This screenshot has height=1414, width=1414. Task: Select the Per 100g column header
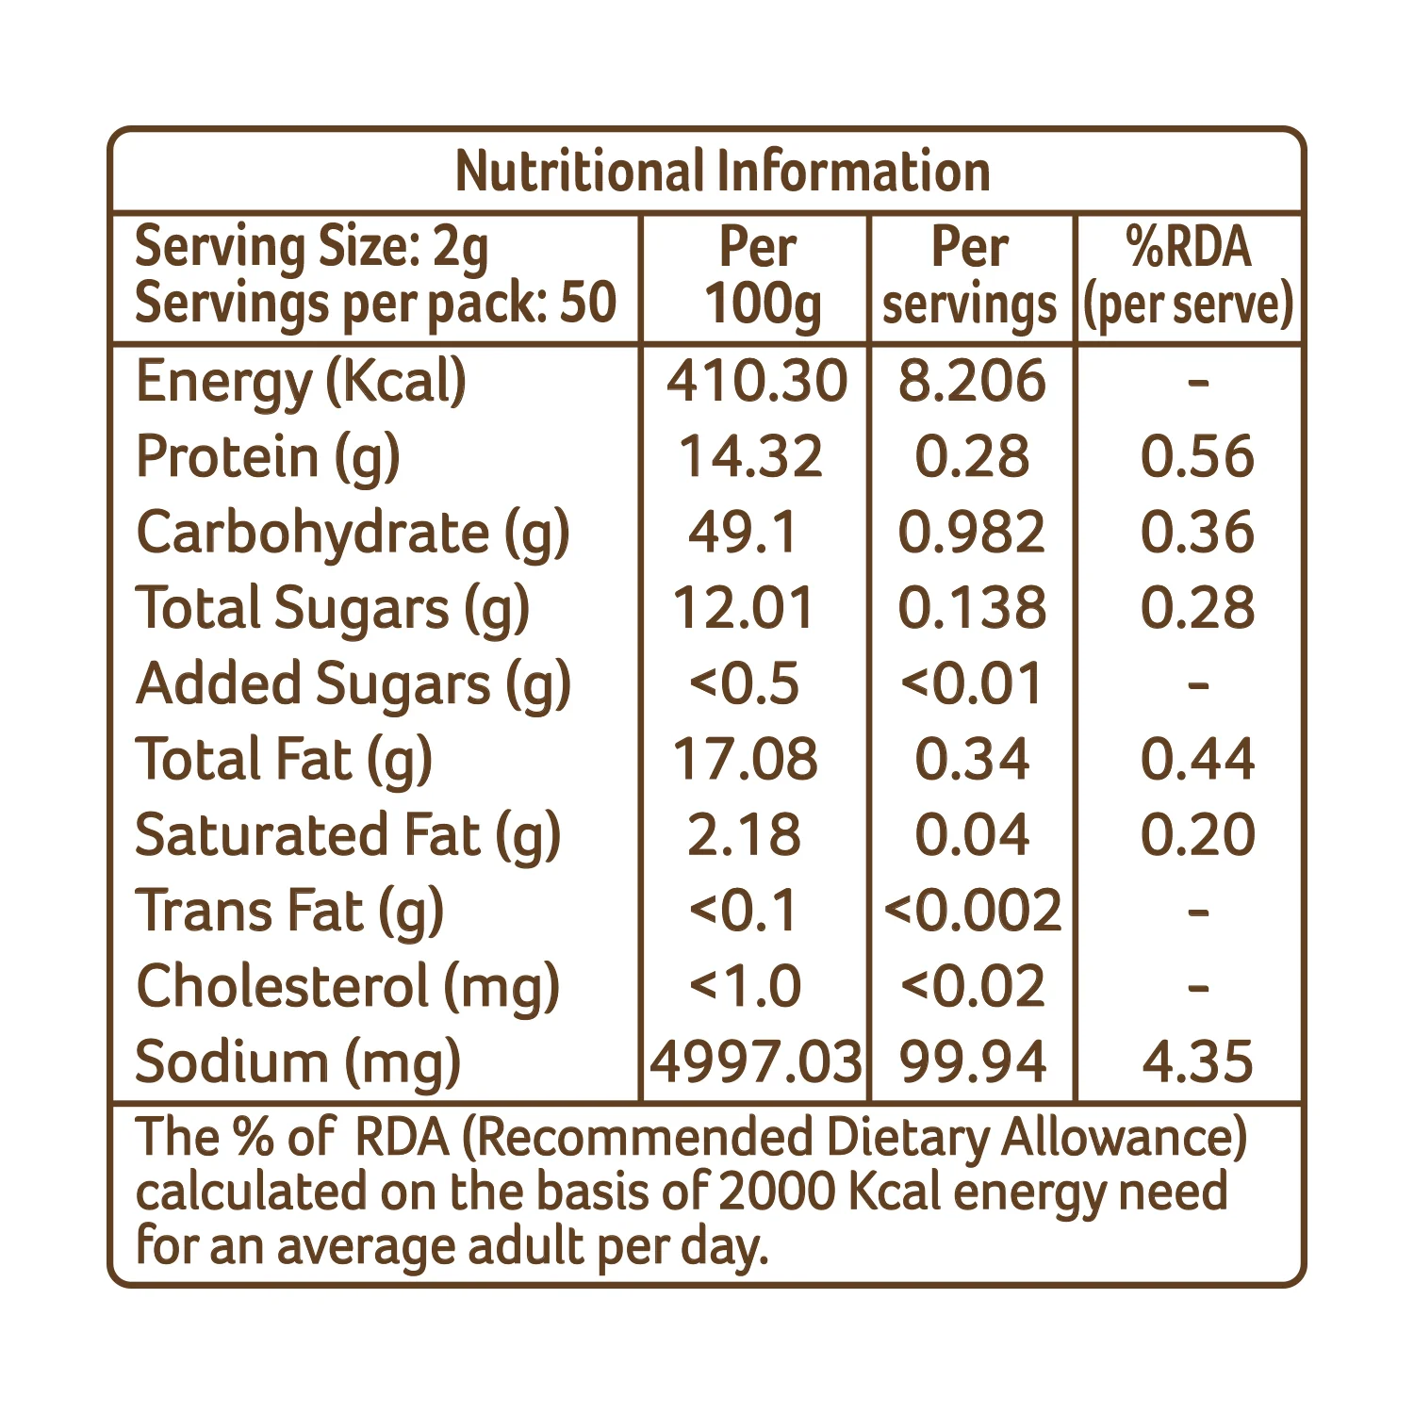click(760, 278)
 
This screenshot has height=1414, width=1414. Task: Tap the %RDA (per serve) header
click(1189, 278)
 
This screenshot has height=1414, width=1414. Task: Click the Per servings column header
click(970, 278)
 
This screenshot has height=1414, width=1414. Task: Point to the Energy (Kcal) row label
click(301, 383)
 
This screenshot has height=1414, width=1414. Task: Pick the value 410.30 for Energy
click(757, 381)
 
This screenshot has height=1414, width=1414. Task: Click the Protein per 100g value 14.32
click(751, 456)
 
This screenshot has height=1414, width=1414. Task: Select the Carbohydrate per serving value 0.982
click(972, 532)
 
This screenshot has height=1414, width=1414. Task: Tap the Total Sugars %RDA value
click(1197, 608)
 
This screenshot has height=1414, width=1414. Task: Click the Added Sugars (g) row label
click(353, 685)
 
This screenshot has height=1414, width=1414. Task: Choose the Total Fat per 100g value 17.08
click(745, 759)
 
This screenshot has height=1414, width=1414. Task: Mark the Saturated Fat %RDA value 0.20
click(1198, 835)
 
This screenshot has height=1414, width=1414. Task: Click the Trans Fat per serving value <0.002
click(973, 911)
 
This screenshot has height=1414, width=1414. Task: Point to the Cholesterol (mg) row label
click(348, 988)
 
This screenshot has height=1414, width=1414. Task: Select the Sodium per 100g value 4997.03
click(756, 1062)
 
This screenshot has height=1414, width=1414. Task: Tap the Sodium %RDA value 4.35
click(1197, 1062)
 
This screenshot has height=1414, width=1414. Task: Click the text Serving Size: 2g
click(312, 249)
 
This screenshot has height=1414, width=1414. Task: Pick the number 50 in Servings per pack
click(588, 303)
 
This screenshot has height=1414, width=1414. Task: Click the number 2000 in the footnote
click(777, 1192)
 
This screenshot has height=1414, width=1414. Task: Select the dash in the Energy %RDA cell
click(1198, 382)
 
